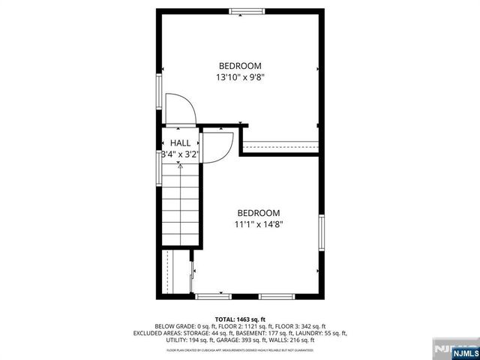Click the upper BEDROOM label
pyautogui.click(x=240, y=65)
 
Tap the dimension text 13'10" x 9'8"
pyautogui.click(x=240, y=76)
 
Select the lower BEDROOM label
pyautogui.click(x=259, y=212)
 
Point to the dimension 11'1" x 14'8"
pyautogui.click(x=259, y=223)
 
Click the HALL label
pyautogui.click(x=180, y=142)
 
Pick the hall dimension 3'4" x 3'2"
pyautogui.click(x=180, y=154)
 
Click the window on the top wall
pyautogui.click(x=247, y=10)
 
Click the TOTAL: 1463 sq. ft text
pyautogui.click(x=240, y=319)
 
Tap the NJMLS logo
pyautogui.click(x=454, y=349)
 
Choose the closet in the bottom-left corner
pyautogui.click(x=177, y=273)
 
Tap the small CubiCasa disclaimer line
pyautogui.click(x=240, y=350)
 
